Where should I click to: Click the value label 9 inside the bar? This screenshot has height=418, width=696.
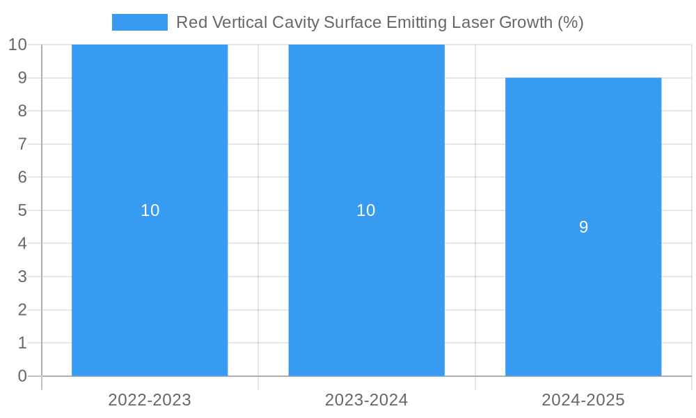(583, 227)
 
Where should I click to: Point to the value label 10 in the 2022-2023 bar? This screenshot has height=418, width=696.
(150, 210)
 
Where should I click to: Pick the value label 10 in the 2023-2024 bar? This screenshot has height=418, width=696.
(366, 210)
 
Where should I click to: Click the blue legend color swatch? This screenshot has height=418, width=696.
(140, 22)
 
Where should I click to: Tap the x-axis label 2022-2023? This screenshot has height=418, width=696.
(150, 400)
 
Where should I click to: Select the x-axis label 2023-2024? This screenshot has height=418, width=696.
(366, 400)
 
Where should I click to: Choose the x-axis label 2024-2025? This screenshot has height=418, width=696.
(583, 400)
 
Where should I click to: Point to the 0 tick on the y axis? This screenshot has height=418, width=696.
(22, 376)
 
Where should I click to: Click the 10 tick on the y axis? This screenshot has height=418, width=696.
(17, 45)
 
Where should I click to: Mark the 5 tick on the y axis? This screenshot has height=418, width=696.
(22, 210)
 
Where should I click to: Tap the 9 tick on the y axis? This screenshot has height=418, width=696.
(22, 78)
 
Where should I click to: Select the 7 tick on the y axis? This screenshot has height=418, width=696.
(22, 144)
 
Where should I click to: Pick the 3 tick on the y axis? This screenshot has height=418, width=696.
(22, 277)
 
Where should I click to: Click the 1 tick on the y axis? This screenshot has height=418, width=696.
(22, 343)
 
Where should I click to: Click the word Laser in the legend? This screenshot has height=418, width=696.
(475, 22)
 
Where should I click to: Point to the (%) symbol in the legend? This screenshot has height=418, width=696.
(571, 22)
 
